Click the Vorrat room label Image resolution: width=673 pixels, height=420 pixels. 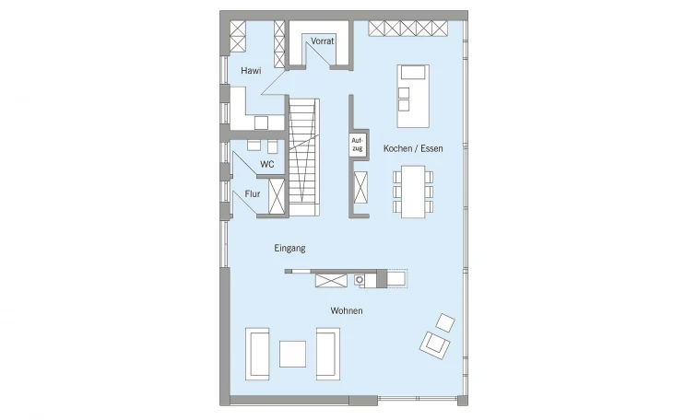[x=323, y=41]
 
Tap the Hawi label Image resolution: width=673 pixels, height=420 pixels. [x=251, y=71]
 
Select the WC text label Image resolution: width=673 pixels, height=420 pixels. [x=267, y=164]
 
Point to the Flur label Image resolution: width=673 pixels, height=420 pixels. [x=253, y=194]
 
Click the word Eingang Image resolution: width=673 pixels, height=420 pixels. [x=289, y=249]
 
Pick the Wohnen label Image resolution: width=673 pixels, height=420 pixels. [x=347, y=310]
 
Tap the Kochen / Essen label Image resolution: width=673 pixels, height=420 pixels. [x=413, y=148]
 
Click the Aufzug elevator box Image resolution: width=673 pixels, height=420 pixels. [x=357, y=145]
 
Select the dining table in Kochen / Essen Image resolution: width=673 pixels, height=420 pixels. [x=413, y=192]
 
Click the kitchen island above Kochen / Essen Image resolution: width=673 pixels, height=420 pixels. [x=413, y=96]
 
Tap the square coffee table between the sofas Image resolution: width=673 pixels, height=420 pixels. [x=293, y=354]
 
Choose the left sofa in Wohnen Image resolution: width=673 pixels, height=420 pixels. [x=257, y=354]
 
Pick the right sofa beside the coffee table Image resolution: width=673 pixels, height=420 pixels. [x=328, y=354]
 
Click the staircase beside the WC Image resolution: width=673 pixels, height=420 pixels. [x=304, y=157]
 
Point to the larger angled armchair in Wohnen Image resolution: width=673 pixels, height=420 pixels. [x=434, y=345]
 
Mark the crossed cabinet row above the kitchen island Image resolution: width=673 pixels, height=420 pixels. [x=407, y=29]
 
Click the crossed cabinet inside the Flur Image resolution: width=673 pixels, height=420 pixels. [x=277, y=196]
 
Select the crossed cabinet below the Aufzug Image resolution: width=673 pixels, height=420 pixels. [x=360, y=187]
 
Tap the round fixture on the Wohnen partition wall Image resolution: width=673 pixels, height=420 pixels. [x=360, y=280]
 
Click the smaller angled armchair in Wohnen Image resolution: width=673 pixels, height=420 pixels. [x=445, y=322]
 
